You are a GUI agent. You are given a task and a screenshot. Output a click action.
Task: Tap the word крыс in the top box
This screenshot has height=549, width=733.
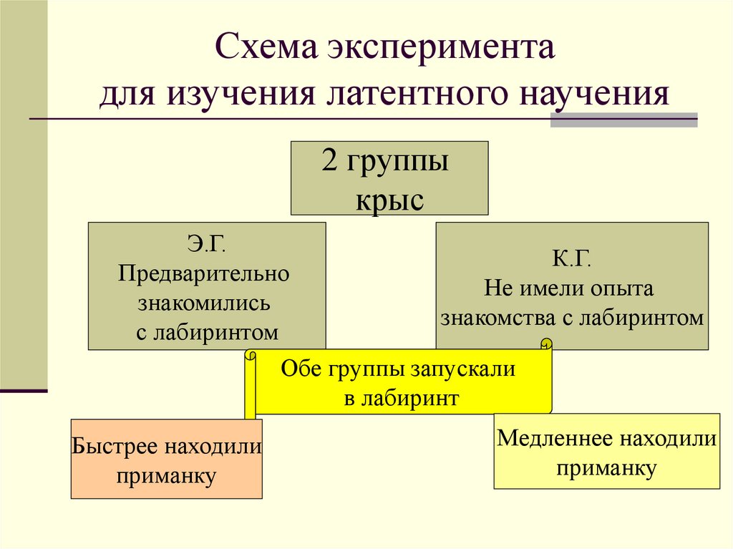[x=389, y=199]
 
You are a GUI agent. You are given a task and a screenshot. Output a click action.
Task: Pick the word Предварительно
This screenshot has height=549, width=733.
[x=206, y=274]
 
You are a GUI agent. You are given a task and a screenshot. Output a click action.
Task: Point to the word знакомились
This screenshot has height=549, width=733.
[x=206, y=302]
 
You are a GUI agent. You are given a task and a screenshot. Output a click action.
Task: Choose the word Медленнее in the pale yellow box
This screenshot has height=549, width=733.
[x=555, y=438]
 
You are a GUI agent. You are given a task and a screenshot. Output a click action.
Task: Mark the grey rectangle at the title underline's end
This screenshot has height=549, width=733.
[x=623, y=120]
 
